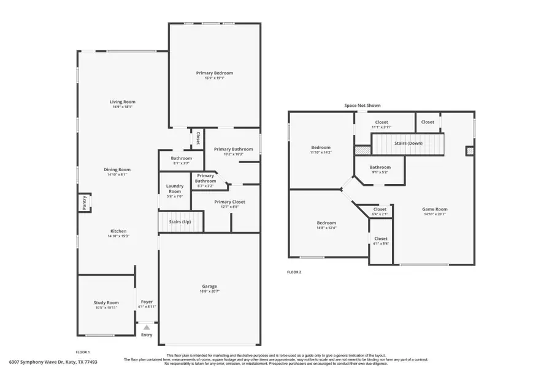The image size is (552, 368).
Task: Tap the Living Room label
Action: coord(123,102)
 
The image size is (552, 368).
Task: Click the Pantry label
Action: coord(83,202)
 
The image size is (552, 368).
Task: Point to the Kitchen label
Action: coord(118,231)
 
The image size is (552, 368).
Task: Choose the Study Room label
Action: coord(106,302)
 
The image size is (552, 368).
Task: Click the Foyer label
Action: coord(147,302)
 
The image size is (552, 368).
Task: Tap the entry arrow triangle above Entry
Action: coord(147,328)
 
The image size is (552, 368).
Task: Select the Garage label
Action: coord(210,286)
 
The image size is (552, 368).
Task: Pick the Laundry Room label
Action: coord(175,190)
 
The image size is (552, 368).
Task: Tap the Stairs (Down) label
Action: coord(408,143)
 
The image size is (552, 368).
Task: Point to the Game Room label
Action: coord(434,209)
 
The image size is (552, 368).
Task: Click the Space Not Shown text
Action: coord(362,105)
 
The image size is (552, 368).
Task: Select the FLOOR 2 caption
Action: coord(294,272)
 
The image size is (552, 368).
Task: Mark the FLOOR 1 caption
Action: coord(83,352)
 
